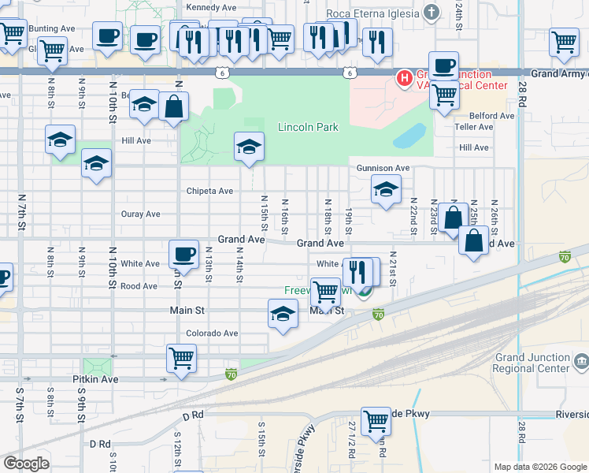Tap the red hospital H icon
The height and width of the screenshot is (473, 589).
(x=404, y=78)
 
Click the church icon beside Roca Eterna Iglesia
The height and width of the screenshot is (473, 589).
(x=430, y=12)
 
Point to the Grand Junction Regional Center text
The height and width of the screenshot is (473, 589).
(x=532, y=363)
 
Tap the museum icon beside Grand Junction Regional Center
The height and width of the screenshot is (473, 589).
(x=581, y=362)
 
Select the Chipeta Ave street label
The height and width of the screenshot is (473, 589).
(x=209, y=191)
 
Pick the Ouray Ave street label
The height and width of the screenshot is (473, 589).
(x=141, y=214)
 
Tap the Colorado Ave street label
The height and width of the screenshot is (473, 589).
(x=212, y=333)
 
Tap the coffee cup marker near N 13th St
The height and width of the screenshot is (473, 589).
(x=184, y=254)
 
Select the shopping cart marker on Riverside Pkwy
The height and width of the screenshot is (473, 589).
(x=376, y=420)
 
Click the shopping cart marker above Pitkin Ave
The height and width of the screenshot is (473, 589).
(x=181, y=358)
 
